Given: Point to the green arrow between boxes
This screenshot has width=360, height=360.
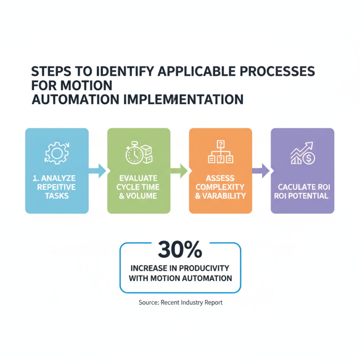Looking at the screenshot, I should [180, 171].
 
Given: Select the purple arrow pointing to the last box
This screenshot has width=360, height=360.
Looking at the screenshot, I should [261, 171].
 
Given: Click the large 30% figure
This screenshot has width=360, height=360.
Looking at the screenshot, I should [180, 249].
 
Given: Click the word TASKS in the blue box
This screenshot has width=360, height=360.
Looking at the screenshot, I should [57, 196].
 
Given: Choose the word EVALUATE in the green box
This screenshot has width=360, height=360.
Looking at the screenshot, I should [139, 178].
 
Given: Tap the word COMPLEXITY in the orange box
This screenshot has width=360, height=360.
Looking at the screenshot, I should [220, 187].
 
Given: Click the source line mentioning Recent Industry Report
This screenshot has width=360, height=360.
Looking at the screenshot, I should [180, 302].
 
